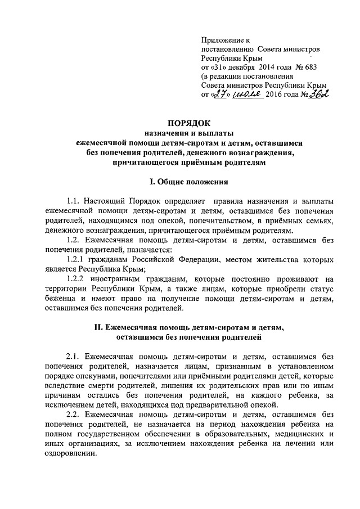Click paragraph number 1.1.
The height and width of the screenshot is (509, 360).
(x=74, y=201)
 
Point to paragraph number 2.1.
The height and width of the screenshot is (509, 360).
(x=74, y=356)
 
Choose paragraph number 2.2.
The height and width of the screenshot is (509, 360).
(x=74, y=415)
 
